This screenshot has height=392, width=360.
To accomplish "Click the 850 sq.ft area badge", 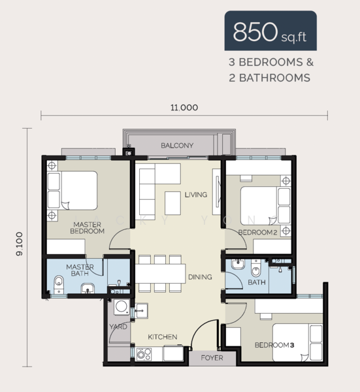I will click(x=270, y=31).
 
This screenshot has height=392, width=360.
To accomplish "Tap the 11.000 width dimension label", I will click(x=184, y=108).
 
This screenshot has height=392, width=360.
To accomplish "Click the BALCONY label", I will click(x=177, y=146).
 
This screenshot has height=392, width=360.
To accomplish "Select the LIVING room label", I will click(x=195, y=195).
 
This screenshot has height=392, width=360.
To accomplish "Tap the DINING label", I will click(x=200, y=277).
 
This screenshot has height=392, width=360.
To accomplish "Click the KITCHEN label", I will click(x=163, y=337).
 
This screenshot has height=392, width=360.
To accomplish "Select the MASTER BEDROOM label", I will click(x=88, y=228).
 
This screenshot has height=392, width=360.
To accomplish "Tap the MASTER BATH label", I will click(x=80, y=270).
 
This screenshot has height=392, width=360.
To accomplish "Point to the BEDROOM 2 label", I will click(x=257, y=233).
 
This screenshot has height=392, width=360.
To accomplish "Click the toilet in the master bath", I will click(x=58, y=282).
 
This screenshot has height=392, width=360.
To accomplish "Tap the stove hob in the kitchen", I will click(x=143, y=353).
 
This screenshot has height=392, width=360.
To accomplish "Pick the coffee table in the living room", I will click(x=173, y=200).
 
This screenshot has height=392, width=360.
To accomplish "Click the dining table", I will click(x=160, y=273).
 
